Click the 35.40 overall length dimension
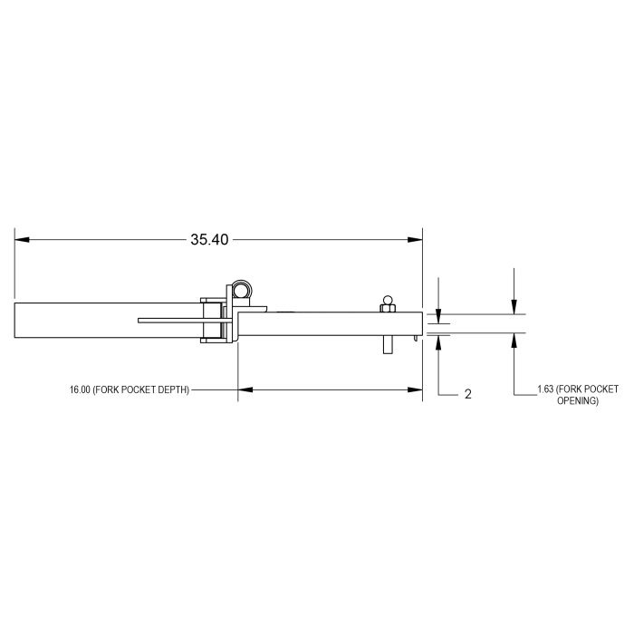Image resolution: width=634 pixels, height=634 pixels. coord(209,240)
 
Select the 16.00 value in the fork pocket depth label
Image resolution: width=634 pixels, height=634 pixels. coord(80,389)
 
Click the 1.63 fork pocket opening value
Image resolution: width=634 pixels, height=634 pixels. coord(545,389)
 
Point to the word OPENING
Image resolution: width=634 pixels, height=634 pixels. coord(578,400)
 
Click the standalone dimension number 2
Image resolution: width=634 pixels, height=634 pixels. coord(468,394)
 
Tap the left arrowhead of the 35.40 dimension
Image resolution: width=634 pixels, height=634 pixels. coord(22,240)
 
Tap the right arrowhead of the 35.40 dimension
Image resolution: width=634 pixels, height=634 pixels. coord(415,240)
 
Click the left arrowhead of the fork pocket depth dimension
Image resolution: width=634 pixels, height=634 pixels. coord(245,389)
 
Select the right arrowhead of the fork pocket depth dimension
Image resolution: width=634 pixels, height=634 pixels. coord(415,389)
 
